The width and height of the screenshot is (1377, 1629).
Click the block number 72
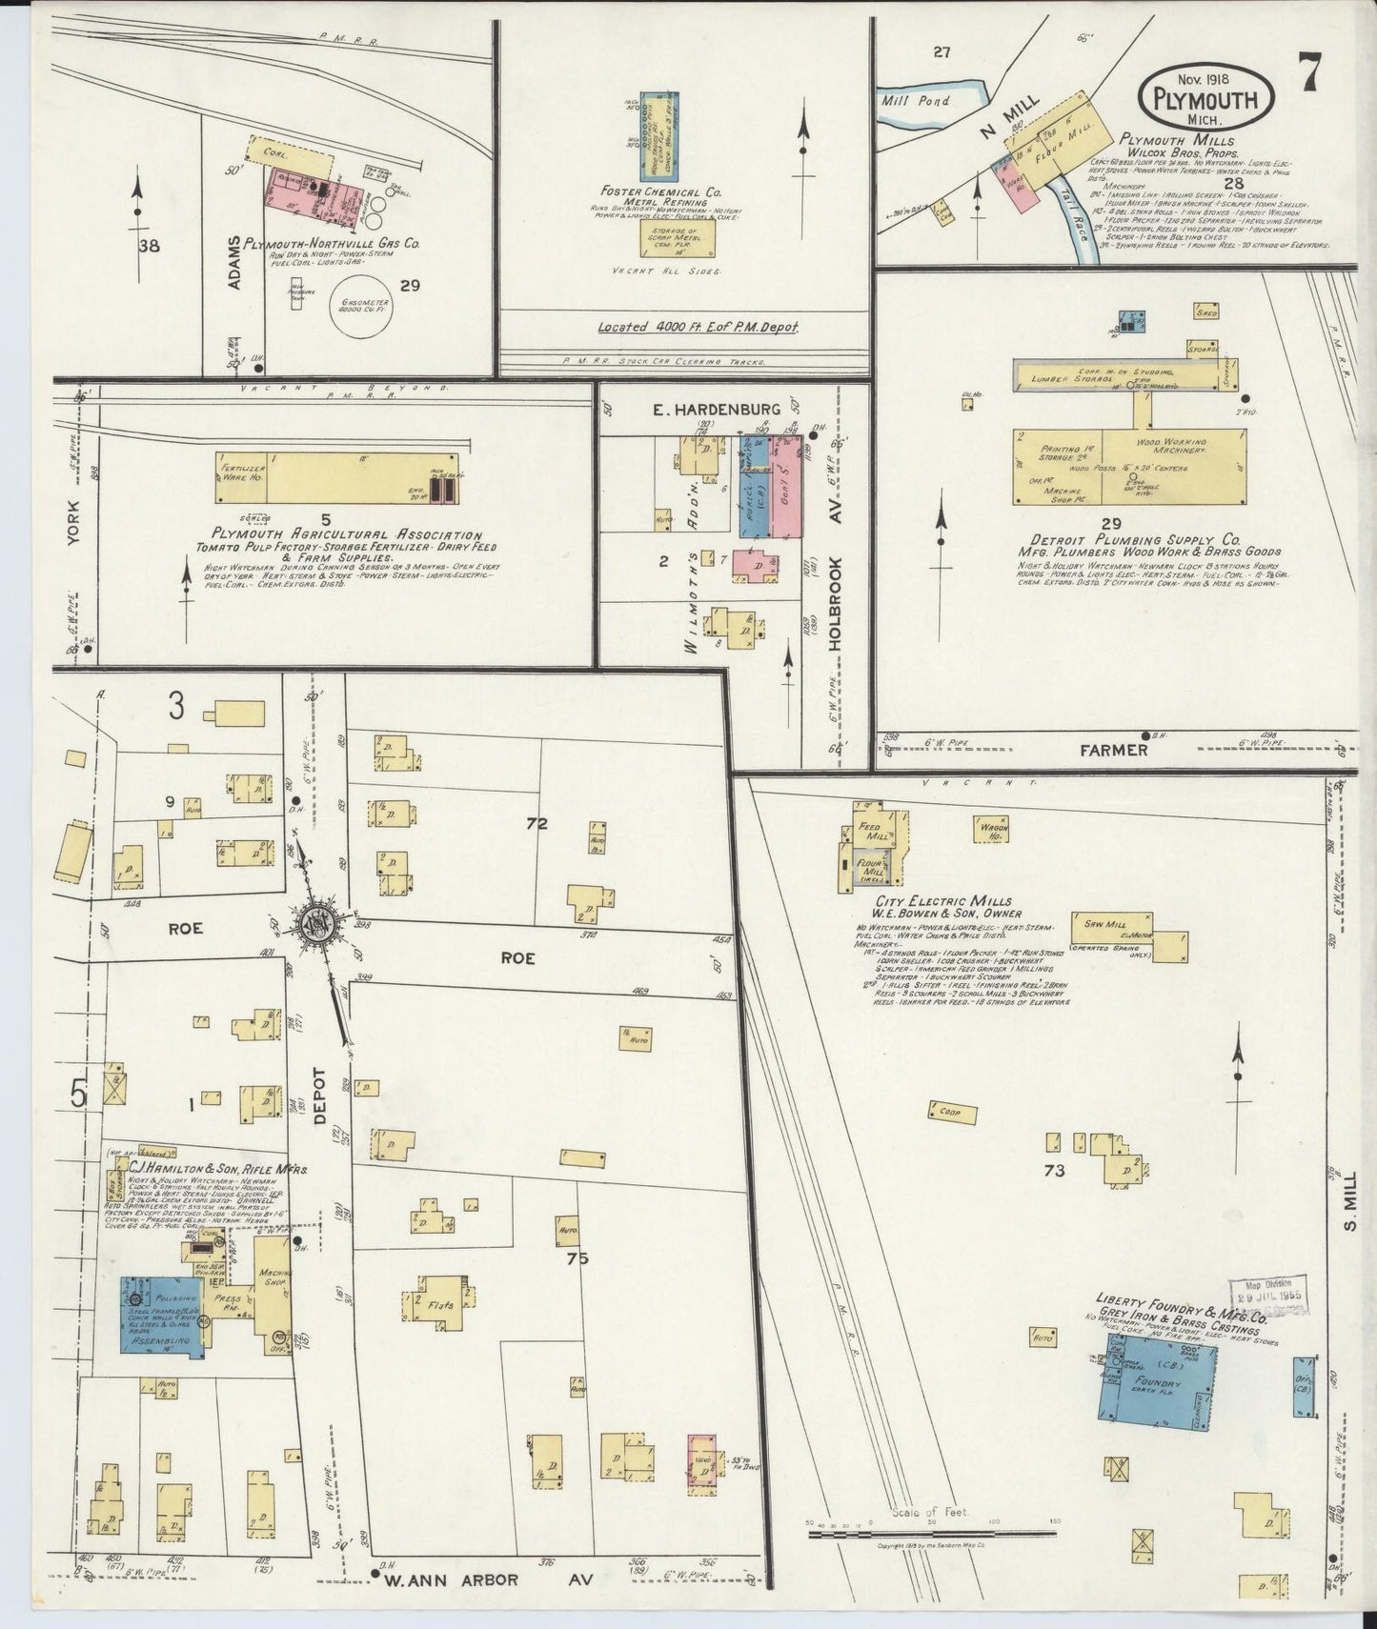point(537,822)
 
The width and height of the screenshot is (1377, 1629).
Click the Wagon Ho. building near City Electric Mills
point(996,830)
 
